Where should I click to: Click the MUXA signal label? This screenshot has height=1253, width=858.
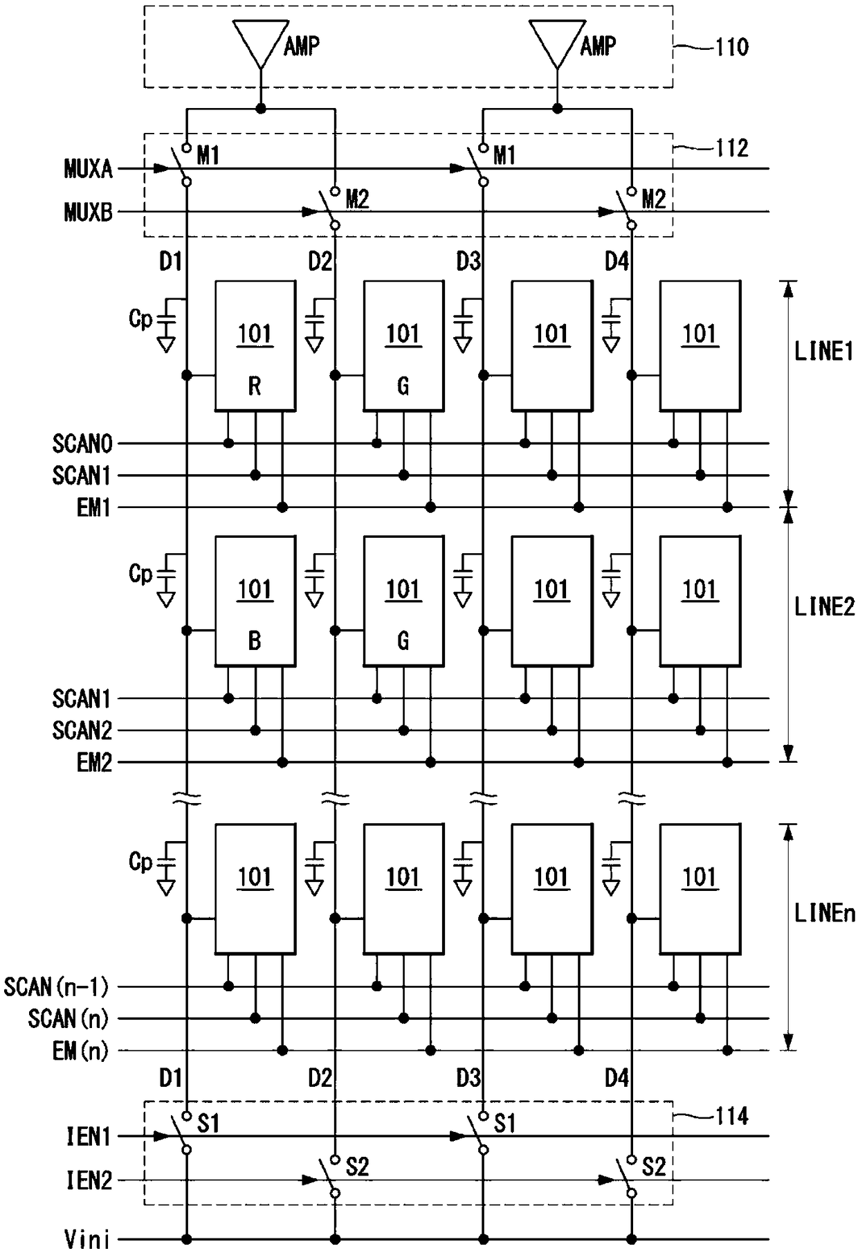pos(88,168)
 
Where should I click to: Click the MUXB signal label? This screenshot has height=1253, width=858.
pos(88,212)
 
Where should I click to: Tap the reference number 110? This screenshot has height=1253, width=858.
pos(732,47)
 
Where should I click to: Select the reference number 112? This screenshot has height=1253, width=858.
pos(732,147)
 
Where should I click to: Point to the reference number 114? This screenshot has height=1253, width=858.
pos(732,1115)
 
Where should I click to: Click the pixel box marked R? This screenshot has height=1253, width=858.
pos(255,345)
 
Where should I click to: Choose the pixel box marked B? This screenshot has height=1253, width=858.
pos(255,601)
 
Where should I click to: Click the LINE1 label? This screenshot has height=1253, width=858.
pos(824,352)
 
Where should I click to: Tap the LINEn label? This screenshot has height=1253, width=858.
pos(824,913)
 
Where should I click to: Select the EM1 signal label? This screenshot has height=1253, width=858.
pos(93,508)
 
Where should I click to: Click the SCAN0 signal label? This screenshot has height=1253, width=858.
pos(82,444)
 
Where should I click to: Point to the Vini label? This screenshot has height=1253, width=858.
pos(87,1239)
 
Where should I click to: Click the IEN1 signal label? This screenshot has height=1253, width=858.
pos(89,1137)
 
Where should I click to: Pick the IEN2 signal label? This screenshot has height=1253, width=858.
pos(89,1180)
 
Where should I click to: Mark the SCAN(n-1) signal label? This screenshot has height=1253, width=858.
pos(56,986)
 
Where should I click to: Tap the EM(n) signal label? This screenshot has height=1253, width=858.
pos(80,1051)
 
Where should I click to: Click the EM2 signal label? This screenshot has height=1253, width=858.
pos(93,763)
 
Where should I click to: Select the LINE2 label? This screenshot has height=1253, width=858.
pos(824,607)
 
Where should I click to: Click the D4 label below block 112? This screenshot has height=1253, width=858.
pos(617,262)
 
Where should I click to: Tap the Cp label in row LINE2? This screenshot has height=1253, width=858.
pos(140,574)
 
